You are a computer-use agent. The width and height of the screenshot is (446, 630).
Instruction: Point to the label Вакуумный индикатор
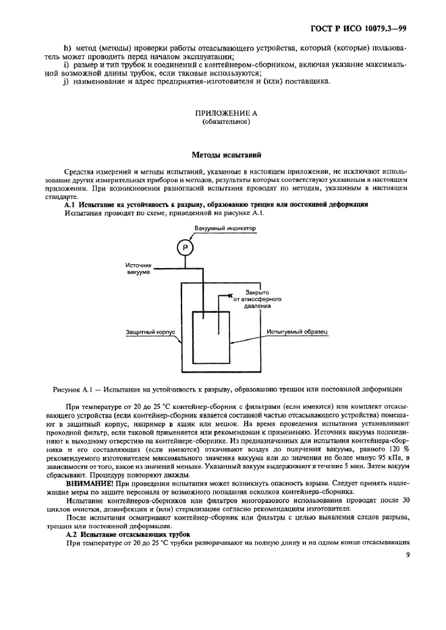pos(225,230)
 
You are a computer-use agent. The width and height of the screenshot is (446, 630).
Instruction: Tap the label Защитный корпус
pos(150,332)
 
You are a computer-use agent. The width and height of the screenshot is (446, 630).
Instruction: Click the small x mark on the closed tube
pos(231,296)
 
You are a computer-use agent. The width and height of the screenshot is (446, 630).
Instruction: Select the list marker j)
pos(67,82)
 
